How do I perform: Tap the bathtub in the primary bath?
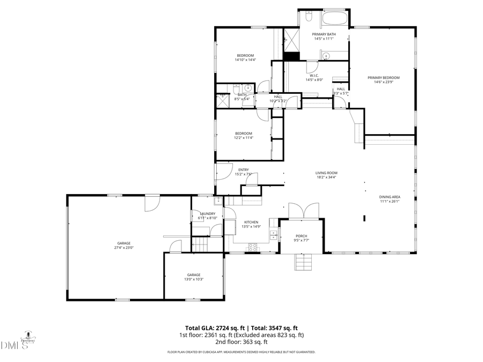click(x=335, y=19)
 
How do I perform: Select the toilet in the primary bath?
click(x=308, y=18)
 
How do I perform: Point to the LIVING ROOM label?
click(x=326, y=173)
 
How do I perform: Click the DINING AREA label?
click(x=390, y=197)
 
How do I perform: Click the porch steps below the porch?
click(x=303, y=262)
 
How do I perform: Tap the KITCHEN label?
click(x=251, y=222)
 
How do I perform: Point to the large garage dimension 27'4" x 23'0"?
click(x=123, y=248)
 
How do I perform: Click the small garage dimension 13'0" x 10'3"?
click(x=194, y=279)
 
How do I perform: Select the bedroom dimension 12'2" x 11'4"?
click(x=243, y=138)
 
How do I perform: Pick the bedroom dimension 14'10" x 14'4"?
click(x=245, y=60)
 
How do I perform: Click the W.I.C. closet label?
click(x=313, y=76)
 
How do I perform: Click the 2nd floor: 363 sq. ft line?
click(x=241, y=342)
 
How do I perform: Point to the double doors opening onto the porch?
click(x=304, y=211)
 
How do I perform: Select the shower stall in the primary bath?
click(x=291, y=38)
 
